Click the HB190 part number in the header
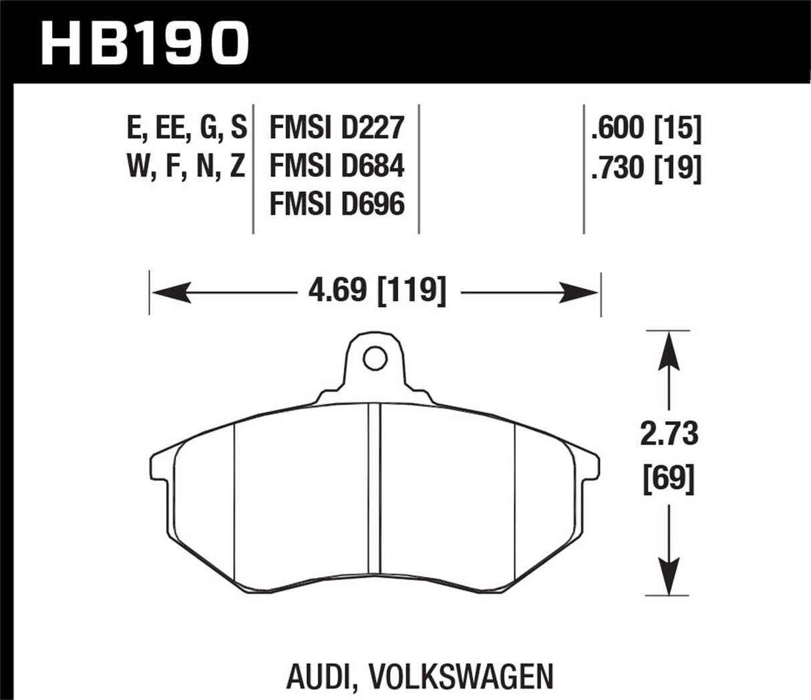coord(144,41)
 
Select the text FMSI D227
coord(336,127)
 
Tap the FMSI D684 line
coord(336,165)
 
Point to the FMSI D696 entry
coord(336,204)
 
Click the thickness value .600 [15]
coord(645,127)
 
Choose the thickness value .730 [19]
coord(645,167)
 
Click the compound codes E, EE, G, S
coord(186,127)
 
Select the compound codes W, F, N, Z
coord(186,166)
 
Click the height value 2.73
coord(669,435)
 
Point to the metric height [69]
coord(669,478)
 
